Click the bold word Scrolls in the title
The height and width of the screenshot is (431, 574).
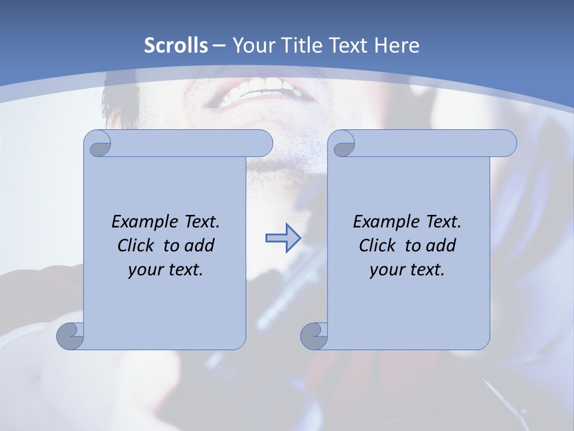[176, 45]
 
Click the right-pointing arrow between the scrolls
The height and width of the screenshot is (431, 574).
[282, 239]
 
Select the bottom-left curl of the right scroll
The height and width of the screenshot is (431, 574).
[315, 336]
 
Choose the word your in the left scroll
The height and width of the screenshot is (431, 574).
[144, 270]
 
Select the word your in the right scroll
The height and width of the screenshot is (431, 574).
[386, 270]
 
